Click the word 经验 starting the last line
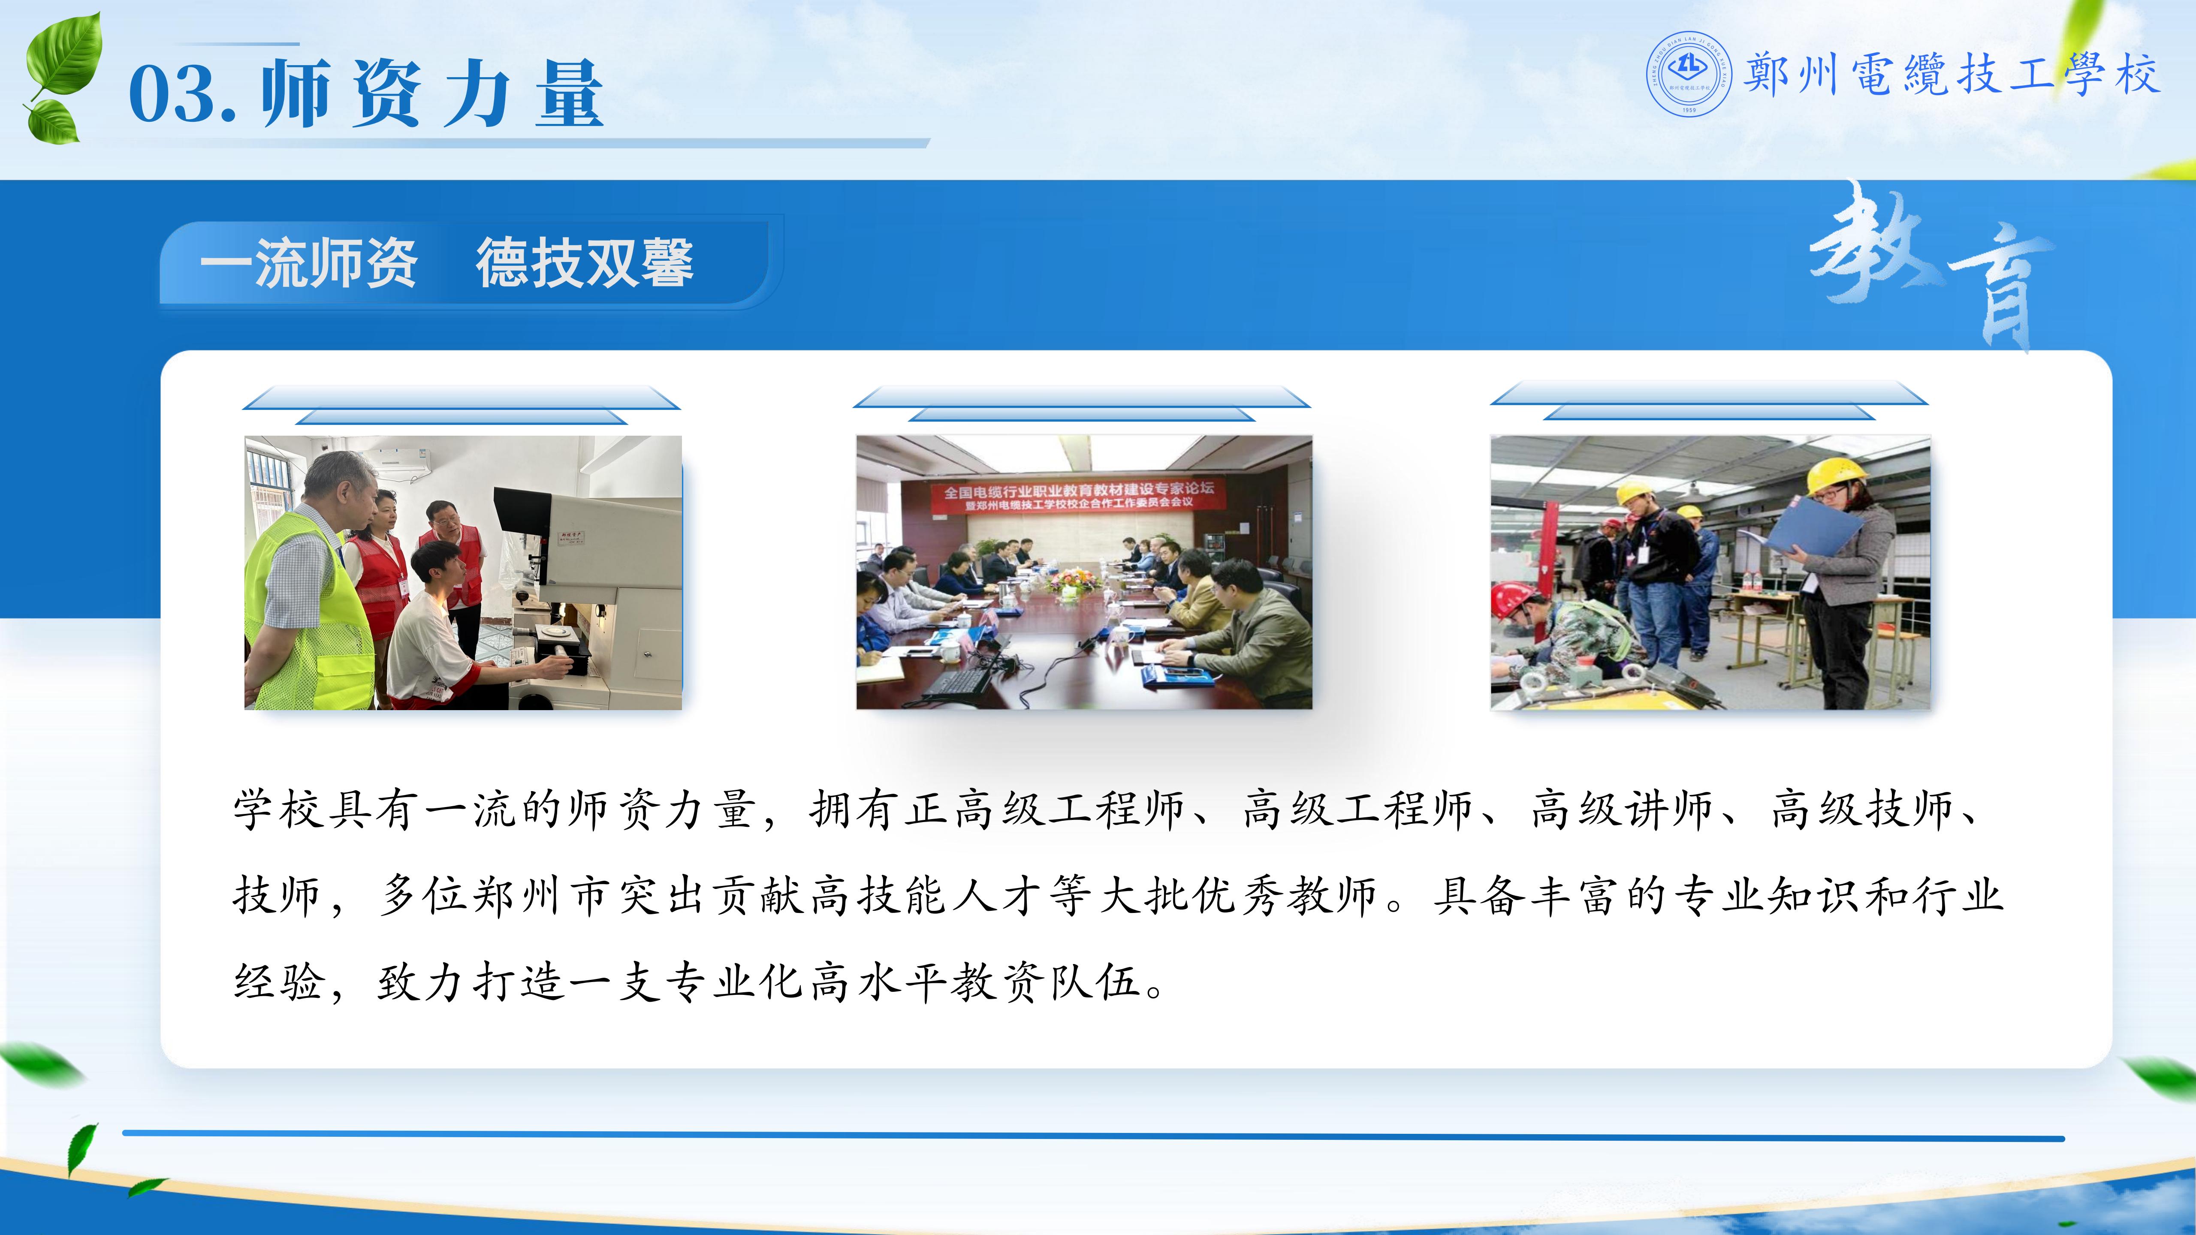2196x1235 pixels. pyautogui.click(x=278, y=982)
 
